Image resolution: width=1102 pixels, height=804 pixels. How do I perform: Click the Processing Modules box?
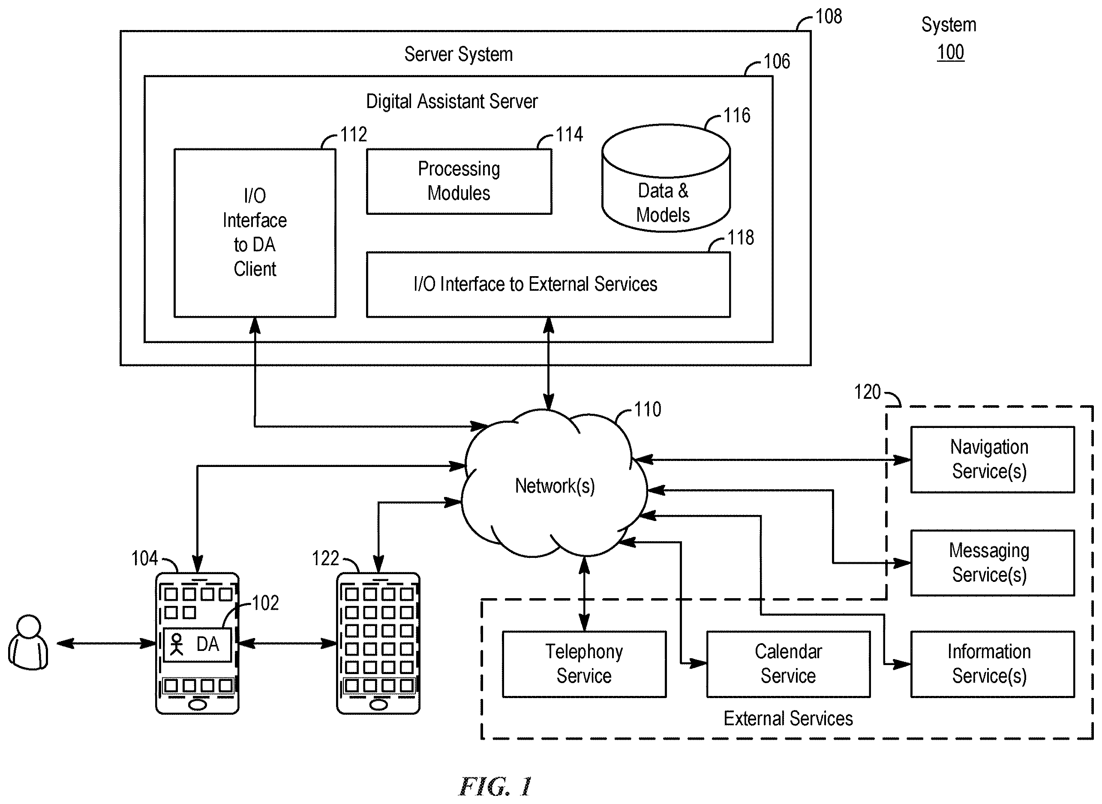(459, 181)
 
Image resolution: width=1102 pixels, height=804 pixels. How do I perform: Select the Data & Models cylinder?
(666, 178)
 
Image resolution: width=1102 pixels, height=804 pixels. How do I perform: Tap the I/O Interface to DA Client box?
(255, 233)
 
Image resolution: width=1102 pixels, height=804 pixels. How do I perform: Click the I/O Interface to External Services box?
(548, 285)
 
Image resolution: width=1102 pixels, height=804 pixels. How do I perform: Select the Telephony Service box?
(584, 664)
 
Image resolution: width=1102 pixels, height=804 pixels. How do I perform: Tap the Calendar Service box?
(788, 664)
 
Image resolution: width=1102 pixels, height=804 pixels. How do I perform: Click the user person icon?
(28, 642)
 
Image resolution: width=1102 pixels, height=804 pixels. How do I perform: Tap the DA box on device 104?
(197, 644)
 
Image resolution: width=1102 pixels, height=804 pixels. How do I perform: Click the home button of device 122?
(379, 705)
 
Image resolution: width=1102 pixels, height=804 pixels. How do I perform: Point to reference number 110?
(648, 410)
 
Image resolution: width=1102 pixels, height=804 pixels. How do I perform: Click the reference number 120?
(868, 392)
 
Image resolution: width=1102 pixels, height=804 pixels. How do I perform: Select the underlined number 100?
(951, 52)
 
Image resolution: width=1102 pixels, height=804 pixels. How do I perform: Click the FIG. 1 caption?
(496, 786)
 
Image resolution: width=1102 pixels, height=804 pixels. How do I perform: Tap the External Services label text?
(788, 718)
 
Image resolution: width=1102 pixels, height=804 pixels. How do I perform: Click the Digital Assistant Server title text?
(452, 101)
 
